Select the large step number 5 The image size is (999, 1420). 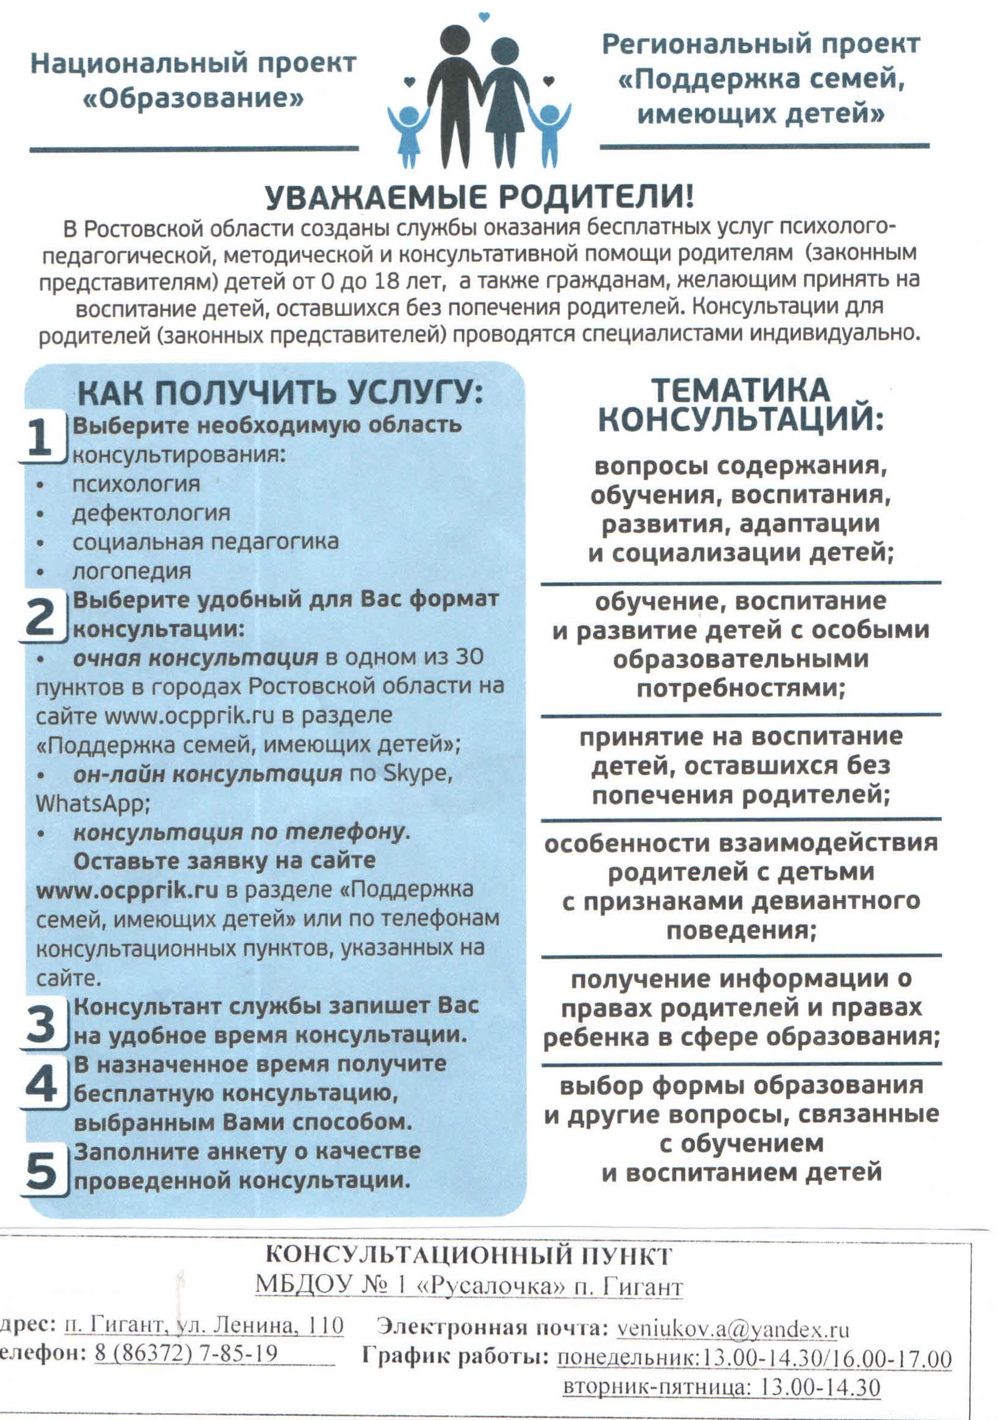(x=41, y=1169)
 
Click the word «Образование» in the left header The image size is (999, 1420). (x=193, y=99)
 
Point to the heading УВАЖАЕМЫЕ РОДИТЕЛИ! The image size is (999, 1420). (x=479, y=198)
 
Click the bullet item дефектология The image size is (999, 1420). (x=151, y=513)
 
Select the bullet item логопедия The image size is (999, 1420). (x=132, y=571)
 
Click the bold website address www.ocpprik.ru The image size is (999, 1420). (x=127, y=890)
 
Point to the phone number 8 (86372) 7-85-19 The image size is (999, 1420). (x=186, y=1352)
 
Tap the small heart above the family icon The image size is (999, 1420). (x=484, y=17)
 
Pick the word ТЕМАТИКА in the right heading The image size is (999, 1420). (x=741, y=391)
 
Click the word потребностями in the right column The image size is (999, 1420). (x=741, y=688)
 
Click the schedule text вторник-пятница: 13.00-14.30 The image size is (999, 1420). (x=721, y=1383)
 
